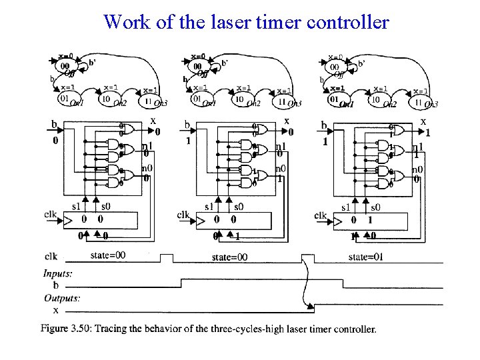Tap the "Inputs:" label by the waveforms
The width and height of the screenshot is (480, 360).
[58, 273]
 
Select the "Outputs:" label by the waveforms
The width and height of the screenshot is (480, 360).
[62, 298]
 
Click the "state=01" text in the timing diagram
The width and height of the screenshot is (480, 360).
[368, 256]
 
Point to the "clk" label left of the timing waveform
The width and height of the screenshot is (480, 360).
[51, 256]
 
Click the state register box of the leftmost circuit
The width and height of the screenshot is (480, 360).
[100, 219]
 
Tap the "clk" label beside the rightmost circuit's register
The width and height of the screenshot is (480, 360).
[320, 215]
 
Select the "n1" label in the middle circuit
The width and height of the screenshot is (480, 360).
[281, 147]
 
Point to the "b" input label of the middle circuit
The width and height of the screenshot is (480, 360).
[187, 125]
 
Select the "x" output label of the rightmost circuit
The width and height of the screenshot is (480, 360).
[423, 121]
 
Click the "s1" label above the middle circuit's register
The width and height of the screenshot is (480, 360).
[209, 207]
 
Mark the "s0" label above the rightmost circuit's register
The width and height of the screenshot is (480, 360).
[376, 207]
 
